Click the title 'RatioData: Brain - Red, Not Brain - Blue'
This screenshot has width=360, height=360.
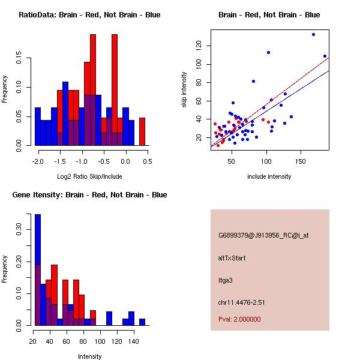tap(89, 14)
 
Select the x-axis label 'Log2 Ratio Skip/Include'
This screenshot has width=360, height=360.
tap(89, 176)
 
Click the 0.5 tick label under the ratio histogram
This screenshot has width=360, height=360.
tap(148, 161)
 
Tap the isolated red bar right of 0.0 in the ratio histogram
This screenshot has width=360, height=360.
tap(142, 131)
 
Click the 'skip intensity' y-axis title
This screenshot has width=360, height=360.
tap(185, 90)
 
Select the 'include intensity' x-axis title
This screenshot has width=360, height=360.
tap(269, 176)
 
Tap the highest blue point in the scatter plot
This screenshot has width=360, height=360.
tap(313, 35)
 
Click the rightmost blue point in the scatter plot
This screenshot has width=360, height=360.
tap(325, 56)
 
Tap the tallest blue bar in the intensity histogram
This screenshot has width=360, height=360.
tap(37, 270)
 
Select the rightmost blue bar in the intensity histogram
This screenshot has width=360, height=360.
tap(142, 322)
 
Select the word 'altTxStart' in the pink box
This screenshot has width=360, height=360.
tap(232, 258)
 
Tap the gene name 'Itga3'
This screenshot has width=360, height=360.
tap(225, 280)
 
